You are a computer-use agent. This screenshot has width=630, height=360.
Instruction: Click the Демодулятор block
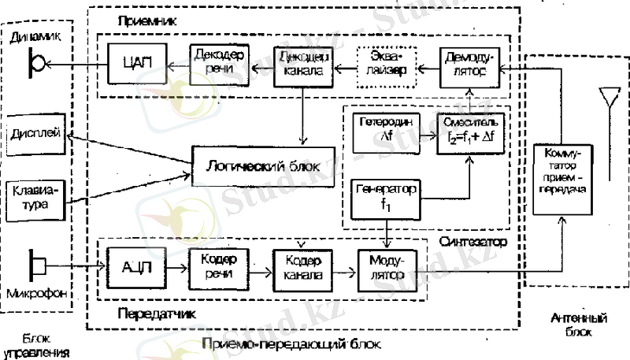click(469, 64)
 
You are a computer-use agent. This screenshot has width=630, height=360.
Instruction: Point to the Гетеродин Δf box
click(386, 129)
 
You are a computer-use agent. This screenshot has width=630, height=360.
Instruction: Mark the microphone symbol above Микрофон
click(38, 262)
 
